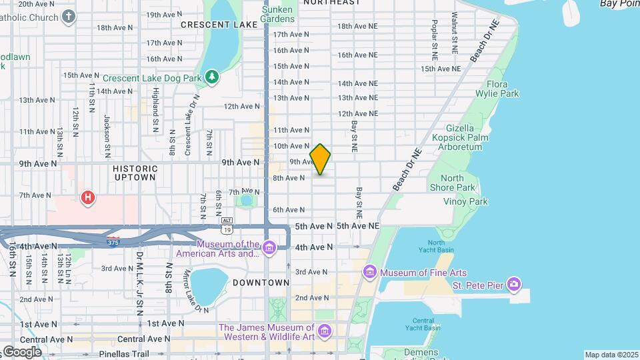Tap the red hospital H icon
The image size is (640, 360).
coord(87,197)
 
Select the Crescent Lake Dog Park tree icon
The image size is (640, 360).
coord(212,77)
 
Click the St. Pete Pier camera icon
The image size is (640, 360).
coord(513,285)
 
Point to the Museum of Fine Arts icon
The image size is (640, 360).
coord(369,273)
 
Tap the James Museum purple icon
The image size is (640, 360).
coord(325,331)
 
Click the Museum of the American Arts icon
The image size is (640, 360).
coord(269,249)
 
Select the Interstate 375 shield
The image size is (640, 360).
coord(114,241)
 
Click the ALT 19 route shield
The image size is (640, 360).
coord(227,225)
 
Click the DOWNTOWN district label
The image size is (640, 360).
coord(261,283)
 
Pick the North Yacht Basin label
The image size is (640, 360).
coord(436,247)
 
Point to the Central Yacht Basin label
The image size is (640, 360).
coord(423,324)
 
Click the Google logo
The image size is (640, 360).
coord(21,351)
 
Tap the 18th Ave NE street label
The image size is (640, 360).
coord(357,26)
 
